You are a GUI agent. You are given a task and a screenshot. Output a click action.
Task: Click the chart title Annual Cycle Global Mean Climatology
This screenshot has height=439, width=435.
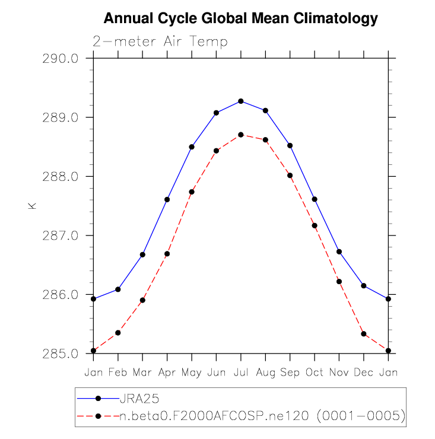pyautogui.click(x=240, y=19)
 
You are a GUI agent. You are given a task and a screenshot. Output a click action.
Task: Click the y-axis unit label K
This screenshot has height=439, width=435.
pyautogui.click(x=32, y=206)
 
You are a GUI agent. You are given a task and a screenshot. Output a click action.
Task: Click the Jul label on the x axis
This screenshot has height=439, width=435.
pyautogui.click(x=240, y=372)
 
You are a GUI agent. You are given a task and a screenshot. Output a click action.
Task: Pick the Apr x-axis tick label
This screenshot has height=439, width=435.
pyautogui.click(x=167, y=372)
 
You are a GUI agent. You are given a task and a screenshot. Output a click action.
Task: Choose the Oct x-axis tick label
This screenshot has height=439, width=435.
pyautogui.click(x=315, y=372)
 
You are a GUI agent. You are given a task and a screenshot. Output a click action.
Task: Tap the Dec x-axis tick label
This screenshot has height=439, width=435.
pyautogui.click(x=363, y=372)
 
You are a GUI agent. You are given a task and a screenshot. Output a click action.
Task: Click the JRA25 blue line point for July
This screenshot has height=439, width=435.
pyautogui.click(x=241, y=101)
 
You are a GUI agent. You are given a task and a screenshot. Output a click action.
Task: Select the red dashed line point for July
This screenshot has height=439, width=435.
pyautogui.click(x=241, y=135)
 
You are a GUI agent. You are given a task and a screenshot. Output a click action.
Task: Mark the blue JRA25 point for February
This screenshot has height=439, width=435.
pyautogui.click(x=118, y=290)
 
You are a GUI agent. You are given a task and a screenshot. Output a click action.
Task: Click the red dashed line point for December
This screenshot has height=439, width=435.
pyautogui.click(x=364, y=334)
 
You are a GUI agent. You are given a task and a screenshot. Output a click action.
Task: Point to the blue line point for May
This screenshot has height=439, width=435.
pyautogui.click(x=192, y=147)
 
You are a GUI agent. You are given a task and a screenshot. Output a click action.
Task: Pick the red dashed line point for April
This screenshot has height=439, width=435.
pyautogui.click(x=167, y=254)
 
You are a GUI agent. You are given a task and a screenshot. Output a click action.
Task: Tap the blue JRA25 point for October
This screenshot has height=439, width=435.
pyautogui.click(x=315, y=199)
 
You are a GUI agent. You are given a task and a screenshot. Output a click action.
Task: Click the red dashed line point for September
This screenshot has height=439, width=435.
pyautogui.click(x=290, y=175)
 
